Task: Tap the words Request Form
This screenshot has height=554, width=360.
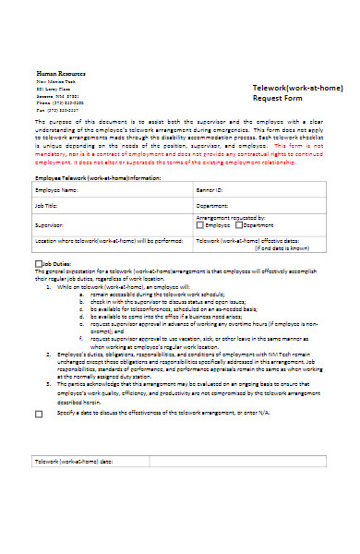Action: coord(278,99)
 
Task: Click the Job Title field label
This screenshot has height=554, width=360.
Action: coord(46,206)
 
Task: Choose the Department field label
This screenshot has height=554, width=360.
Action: coord(213,206)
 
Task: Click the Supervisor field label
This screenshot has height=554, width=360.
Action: coord(50,224)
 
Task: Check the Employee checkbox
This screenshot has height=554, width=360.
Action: coord(200,224)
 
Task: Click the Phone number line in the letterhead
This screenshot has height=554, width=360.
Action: coord(58,102)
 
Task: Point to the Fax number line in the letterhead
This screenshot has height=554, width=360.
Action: coord(56,110)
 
